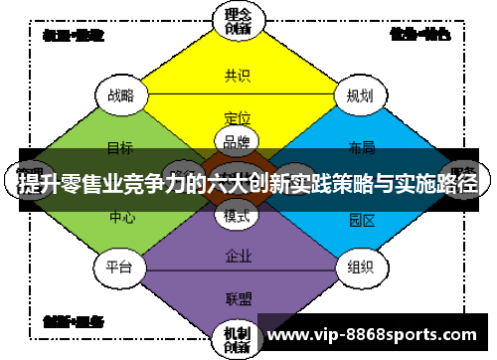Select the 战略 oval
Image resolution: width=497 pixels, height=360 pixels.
tap(120, 95)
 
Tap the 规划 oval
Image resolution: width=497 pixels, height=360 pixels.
tap(360, 95)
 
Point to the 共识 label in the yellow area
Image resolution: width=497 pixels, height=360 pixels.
tap(238, 75)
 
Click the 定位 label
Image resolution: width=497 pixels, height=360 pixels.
tap(238, 117)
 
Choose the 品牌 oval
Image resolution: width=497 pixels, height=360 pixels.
tap(237, 141)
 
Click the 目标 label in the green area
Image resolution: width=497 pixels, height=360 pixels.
tap(120, 148)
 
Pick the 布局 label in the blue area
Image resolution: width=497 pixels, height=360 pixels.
tap(362, 148)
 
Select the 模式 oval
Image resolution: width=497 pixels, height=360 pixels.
tap(237, 215)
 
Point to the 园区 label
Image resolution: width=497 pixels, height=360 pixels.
tap(362, 218)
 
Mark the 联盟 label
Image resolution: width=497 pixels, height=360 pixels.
tap(238, 297)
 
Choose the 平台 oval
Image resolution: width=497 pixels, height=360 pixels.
tap(120, 267)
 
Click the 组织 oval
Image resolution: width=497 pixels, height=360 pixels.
tap(360, 267)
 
